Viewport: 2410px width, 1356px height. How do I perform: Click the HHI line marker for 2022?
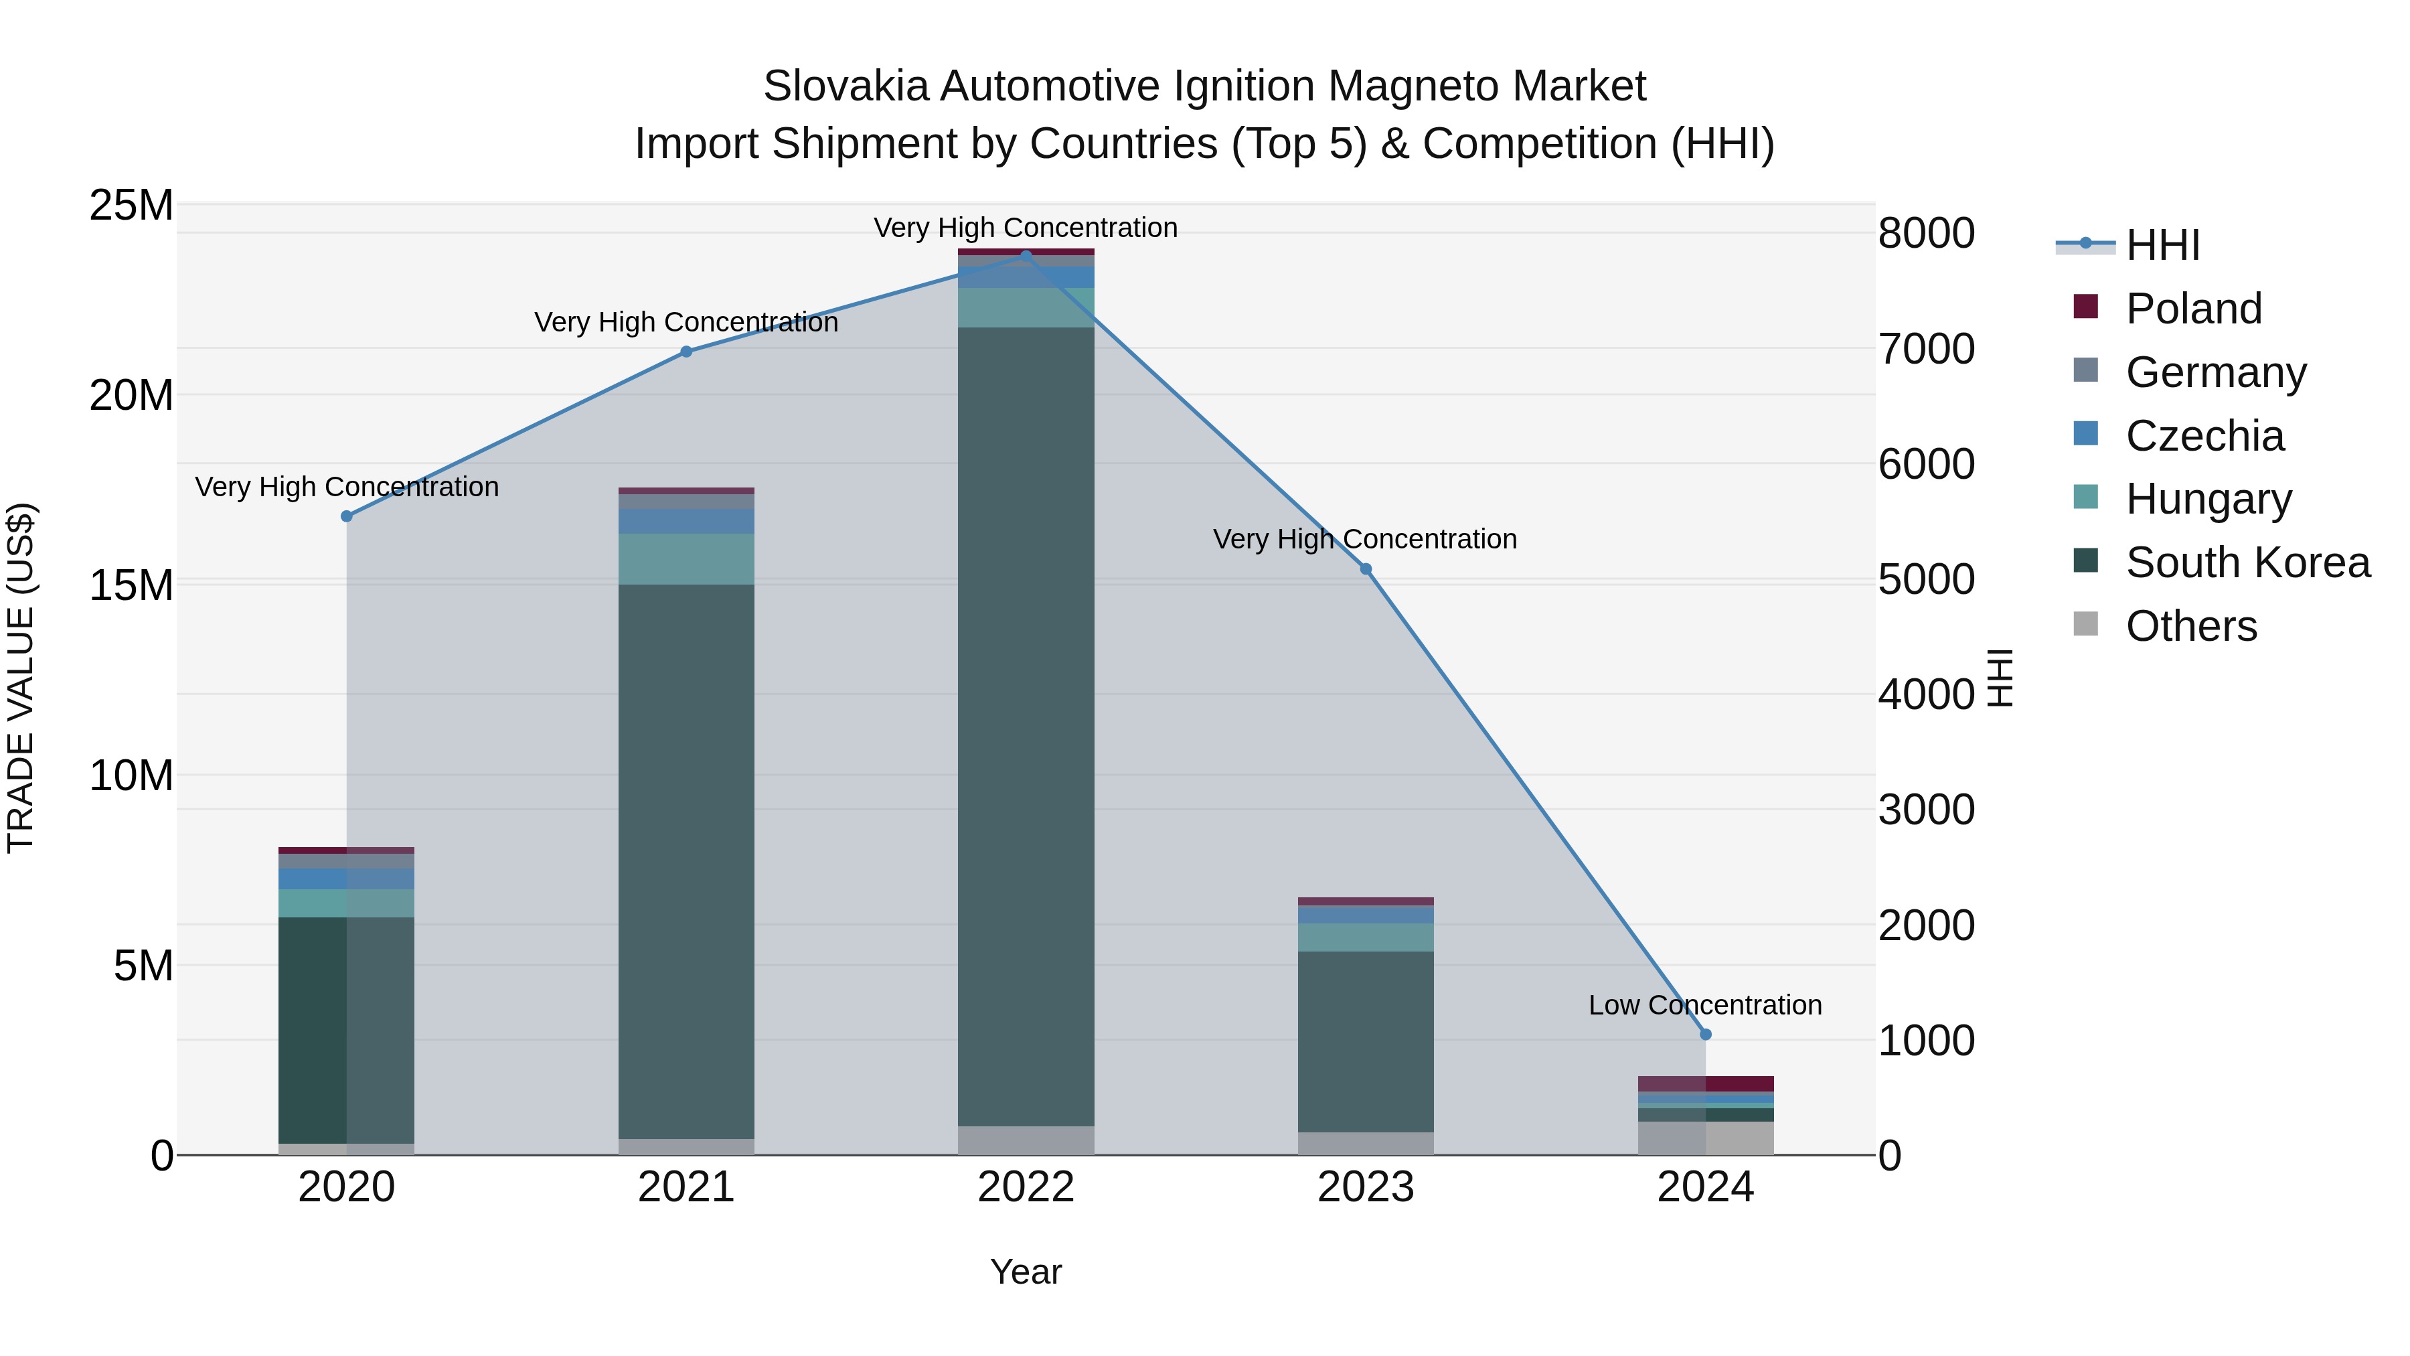coord(1026,256)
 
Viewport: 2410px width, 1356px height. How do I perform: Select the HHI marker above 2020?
coord(346,516)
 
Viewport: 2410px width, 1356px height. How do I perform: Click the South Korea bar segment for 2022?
coord(1026,725)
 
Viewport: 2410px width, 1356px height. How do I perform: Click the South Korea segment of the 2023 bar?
coord(1365,1041)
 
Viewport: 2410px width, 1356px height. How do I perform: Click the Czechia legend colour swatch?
coord(2085,433)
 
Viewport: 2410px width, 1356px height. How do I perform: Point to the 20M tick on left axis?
coord(131,395)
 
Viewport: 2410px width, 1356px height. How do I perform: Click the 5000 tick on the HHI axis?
coord(1925,579)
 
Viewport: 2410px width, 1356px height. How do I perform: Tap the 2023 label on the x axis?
coord(1365,1187)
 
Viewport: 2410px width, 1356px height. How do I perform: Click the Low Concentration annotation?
coord(1704,1005)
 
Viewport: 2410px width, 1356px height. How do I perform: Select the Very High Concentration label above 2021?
coord(686,322)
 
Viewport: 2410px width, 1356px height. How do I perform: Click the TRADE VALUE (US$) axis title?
coord(21,678)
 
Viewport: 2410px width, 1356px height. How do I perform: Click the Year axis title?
coord(1026,1272)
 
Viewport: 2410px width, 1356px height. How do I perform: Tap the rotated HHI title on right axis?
coord(1998,678)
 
